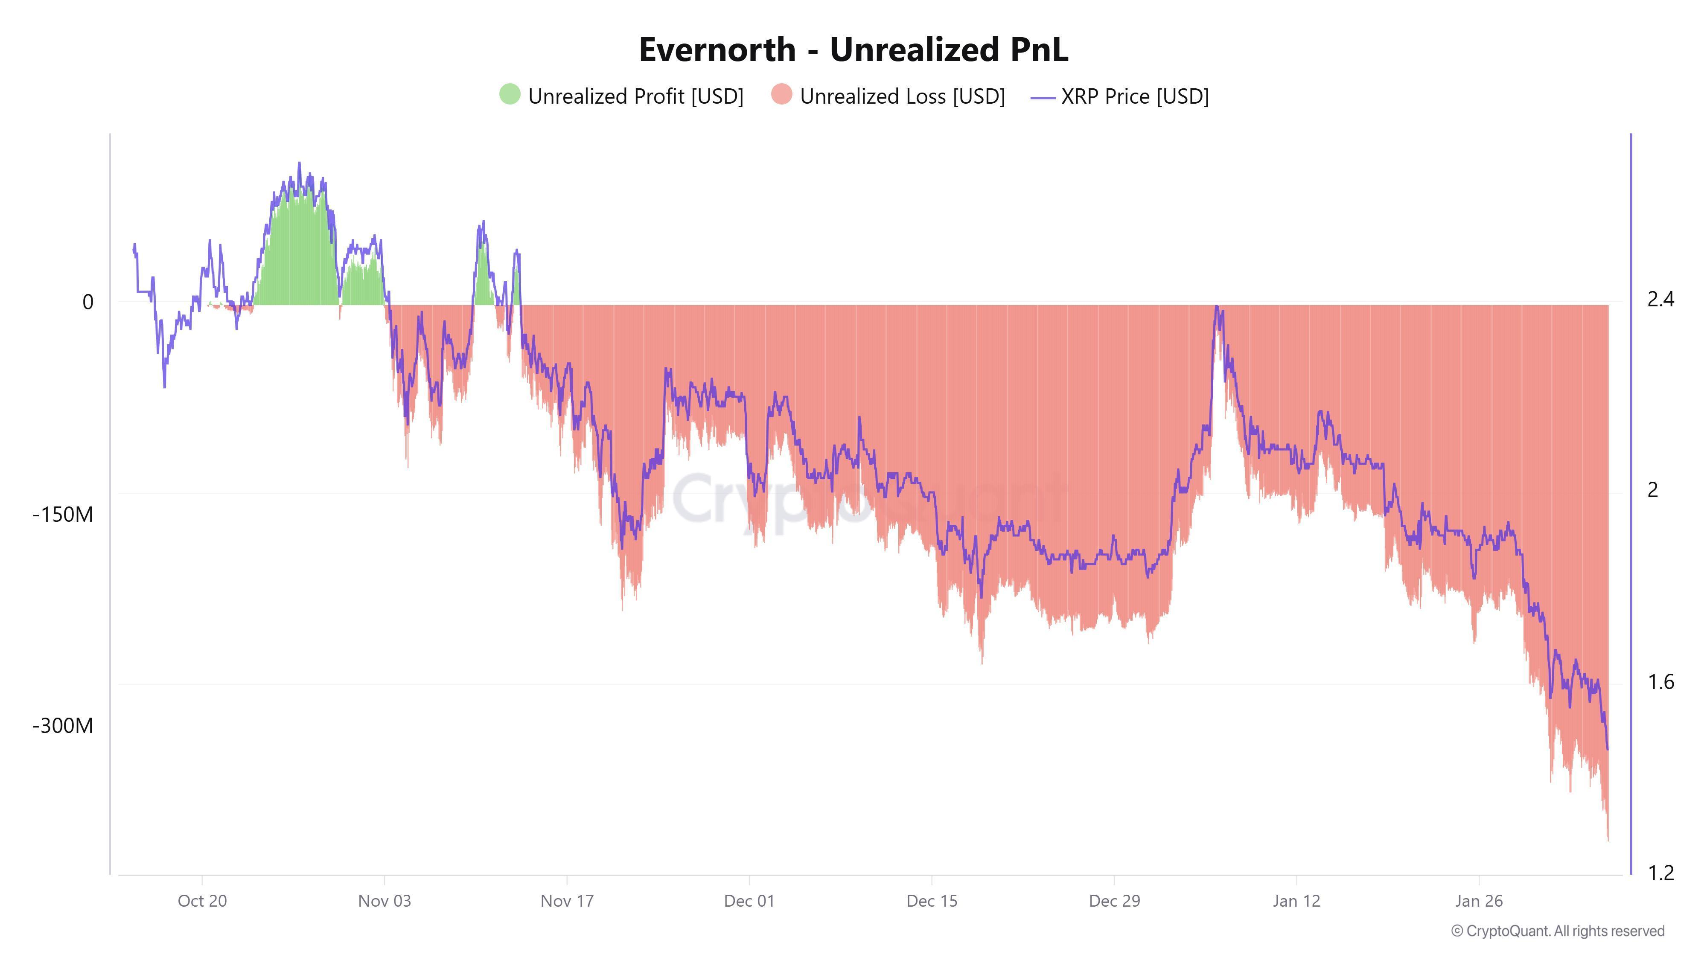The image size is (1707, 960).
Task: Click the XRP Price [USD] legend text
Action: [x=1134, y=97]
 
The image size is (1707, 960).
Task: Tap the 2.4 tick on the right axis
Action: [x=1660, y=300]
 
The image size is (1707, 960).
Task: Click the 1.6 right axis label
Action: [x=1660, y=682]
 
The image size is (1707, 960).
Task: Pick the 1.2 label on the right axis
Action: [x=1660, y=873]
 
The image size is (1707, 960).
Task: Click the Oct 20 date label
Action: [x=202, y=901]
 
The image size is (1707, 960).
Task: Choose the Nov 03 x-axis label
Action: [x=385, y=901]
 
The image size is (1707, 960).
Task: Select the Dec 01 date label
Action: [x=749, y=901]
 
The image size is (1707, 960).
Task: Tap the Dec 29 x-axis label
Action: [x=1114, y=901]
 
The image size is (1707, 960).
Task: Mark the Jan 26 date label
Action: [x=1478, y=901]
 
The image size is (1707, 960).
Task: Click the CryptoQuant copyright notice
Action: [x=1557, y=931]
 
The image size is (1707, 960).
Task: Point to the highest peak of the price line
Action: [x=299, y=163]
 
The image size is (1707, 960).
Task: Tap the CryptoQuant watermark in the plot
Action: [x=868, y=500]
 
